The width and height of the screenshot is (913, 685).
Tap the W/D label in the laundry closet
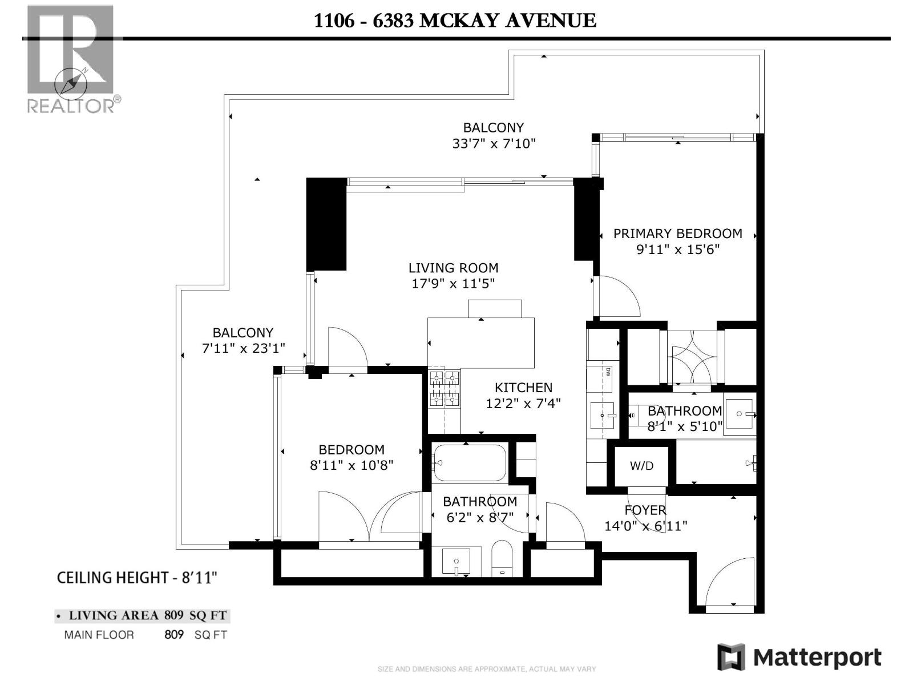pos(641,466)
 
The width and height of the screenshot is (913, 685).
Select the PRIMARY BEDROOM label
pos(677,233)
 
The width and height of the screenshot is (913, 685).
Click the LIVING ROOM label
pos(453,268)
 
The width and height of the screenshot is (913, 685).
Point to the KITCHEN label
pos(523,388)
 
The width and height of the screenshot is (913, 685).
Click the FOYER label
pos(645,510)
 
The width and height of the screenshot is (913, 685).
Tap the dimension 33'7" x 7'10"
pos(494,143)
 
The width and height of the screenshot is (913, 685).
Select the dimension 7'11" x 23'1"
pos(243,348)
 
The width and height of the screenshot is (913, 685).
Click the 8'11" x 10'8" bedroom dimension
pos(352,465)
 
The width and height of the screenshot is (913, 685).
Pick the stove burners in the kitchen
pos(444,389)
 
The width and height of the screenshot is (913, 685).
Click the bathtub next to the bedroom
pos(469,462)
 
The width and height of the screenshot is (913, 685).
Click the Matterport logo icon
pos(731,657)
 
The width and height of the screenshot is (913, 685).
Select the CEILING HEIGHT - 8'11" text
pos(137,578)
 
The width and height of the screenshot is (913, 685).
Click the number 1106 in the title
pos(334,21)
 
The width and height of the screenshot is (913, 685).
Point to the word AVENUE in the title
pos(551,21)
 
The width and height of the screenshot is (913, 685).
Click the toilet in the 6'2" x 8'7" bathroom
pos(503,558)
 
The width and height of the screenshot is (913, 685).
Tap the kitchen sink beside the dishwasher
pos(602,415)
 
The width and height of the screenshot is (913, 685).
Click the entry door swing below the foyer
pos(730,582)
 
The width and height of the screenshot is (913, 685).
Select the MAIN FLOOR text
pos(99,635)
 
